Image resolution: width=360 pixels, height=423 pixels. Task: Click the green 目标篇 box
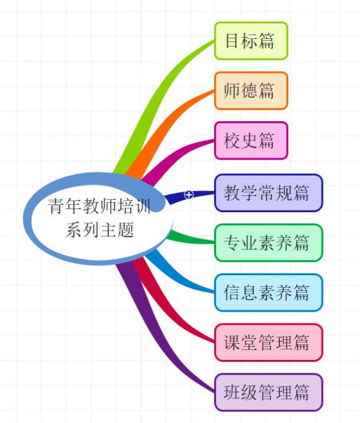coord(251,41)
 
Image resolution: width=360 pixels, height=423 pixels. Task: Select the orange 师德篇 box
coord(251,91)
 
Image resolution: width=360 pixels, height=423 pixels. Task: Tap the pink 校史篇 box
coord(251,140)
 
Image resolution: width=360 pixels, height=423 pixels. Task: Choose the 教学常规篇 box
coord(268,193)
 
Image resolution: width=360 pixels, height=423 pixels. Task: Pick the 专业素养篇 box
coord(268,243)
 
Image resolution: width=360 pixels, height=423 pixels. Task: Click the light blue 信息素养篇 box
coord(268,293)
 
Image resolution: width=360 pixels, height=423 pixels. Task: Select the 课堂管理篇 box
coord(268,343)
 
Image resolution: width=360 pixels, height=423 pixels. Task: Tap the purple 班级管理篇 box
coord(268,393)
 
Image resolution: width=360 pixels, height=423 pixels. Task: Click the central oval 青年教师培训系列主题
coord(98,218)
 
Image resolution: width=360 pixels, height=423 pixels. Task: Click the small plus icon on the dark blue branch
coord(189,194)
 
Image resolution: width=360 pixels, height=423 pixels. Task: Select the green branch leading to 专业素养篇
coord(192,238)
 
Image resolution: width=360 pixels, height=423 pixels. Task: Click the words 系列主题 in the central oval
coord(100,230)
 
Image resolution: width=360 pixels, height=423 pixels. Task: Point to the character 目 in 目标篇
coord(233,41)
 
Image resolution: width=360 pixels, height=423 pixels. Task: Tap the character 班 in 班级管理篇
coord(231,393)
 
